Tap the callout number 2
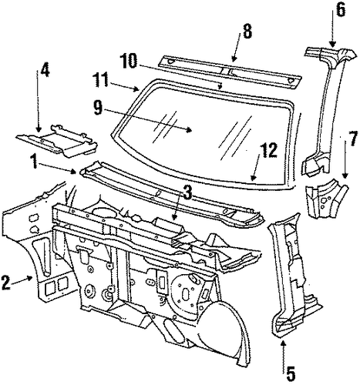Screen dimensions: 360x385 pos(5,283)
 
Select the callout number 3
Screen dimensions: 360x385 pos(187,192)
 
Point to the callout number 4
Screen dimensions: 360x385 pos(45,70)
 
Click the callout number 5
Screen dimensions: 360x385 pos(290,374)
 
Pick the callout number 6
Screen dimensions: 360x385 pos(341,11)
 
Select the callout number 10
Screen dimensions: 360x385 pos(129,61)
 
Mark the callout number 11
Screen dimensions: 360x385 pos(101,79)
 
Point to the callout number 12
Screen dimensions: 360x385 pos(269,150)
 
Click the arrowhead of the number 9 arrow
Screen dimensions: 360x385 pos(190,130)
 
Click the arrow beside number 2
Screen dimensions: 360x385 pos(22,280)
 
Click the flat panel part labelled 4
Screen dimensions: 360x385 pos(57,141)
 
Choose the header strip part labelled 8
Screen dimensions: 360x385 pos(230,70)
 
